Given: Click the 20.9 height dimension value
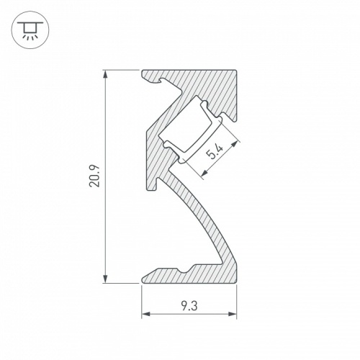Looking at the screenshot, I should [94, 177].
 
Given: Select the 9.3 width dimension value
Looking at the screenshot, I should [189, 305].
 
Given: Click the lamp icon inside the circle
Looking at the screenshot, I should [30, 30].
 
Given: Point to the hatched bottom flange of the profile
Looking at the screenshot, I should [209, 274].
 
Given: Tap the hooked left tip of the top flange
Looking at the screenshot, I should [148, 76].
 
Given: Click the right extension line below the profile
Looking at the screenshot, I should [237, 299].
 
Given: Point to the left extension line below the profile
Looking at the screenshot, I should [141, 299].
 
